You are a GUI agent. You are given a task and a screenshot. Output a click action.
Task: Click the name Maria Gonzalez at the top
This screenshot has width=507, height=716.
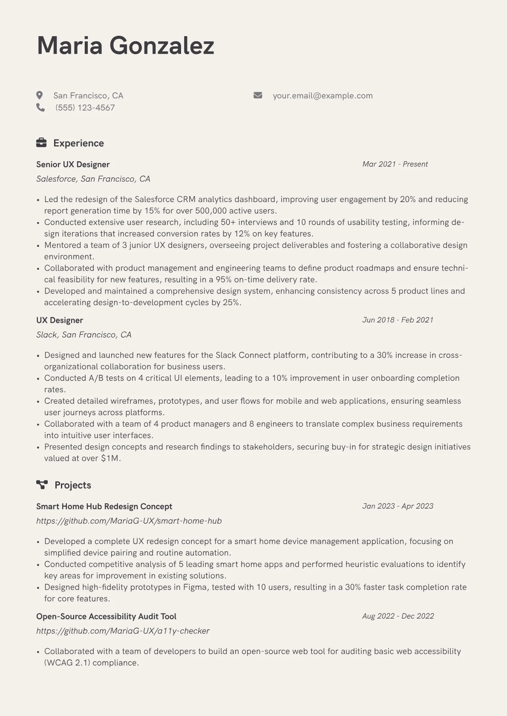coord(125,46)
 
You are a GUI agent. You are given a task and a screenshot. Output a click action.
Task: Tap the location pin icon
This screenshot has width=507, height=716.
coord(40,95)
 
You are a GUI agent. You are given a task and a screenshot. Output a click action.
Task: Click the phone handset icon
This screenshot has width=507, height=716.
coord(40,107)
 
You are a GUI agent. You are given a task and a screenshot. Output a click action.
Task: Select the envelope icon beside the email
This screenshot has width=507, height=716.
coord(258,95)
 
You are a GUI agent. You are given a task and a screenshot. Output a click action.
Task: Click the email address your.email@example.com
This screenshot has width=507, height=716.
coord(323,96)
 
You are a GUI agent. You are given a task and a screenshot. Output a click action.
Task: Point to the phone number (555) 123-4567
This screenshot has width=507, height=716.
coord(85,108)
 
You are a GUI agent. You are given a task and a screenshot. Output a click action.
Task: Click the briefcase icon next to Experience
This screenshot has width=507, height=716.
coord(41,143)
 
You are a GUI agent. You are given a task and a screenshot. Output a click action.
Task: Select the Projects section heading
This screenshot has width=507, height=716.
coord(72,485)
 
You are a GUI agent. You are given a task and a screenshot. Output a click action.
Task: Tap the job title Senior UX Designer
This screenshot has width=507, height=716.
coord(73,164)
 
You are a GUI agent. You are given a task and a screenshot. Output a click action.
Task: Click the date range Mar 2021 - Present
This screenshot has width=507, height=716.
coord(395,164)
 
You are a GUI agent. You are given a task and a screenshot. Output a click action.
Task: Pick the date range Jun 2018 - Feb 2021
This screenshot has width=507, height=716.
coord(398,320)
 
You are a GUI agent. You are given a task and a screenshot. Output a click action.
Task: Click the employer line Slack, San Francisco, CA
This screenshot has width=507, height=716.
coord(84,335)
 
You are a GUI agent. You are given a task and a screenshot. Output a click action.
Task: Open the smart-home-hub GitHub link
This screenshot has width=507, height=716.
coord(129,521)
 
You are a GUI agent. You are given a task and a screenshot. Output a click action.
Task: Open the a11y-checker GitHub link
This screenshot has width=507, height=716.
coord(123,630)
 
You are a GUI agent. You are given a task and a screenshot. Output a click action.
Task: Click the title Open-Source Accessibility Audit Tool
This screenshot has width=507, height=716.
coord(106,616)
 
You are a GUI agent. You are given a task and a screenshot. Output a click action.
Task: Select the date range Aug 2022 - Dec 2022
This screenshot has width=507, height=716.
coord(398,616)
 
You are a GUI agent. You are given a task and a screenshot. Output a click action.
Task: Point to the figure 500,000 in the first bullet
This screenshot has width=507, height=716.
coord(211,211)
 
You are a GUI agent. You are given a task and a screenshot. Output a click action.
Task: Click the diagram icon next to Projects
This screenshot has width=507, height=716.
coord(42,485)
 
